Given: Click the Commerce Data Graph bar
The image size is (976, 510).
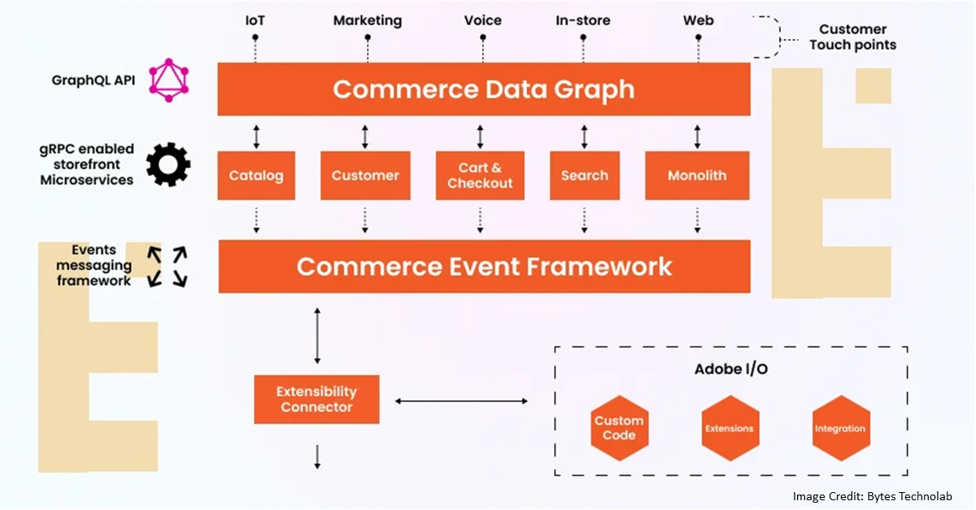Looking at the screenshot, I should point(483,89).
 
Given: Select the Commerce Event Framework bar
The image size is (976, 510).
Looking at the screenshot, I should point(484,266).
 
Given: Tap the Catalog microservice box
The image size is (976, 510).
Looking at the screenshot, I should point(256,175).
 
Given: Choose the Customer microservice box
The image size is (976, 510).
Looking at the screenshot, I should point(365,175).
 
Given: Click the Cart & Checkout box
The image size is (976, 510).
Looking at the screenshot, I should point(480,175).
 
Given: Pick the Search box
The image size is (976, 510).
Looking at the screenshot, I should point(584,175).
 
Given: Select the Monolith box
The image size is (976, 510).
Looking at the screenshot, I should point(697,175).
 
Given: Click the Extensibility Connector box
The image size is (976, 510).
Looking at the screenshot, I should point(316,399).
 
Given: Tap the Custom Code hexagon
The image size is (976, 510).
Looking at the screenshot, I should point(619,428).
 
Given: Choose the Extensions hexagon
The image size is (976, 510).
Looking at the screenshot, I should point(729,428).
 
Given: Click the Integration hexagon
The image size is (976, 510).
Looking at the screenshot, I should point(840,428).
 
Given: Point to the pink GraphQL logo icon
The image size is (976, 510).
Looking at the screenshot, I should point(168,80).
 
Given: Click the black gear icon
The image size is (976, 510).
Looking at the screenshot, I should point(168,164).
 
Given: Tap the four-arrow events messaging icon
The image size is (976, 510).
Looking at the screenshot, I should point(167,266).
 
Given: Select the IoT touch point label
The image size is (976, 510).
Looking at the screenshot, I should point(255,20).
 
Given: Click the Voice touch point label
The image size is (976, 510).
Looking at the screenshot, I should point(482,20).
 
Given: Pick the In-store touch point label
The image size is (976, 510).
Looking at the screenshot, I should point(583,20).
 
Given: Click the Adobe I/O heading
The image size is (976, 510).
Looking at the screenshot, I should point(730,369).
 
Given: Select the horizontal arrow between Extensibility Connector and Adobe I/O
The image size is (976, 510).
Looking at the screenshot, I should point(461,401).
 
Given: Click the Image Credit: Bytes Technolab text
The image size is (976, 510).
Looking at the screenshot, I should point(872,496).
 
